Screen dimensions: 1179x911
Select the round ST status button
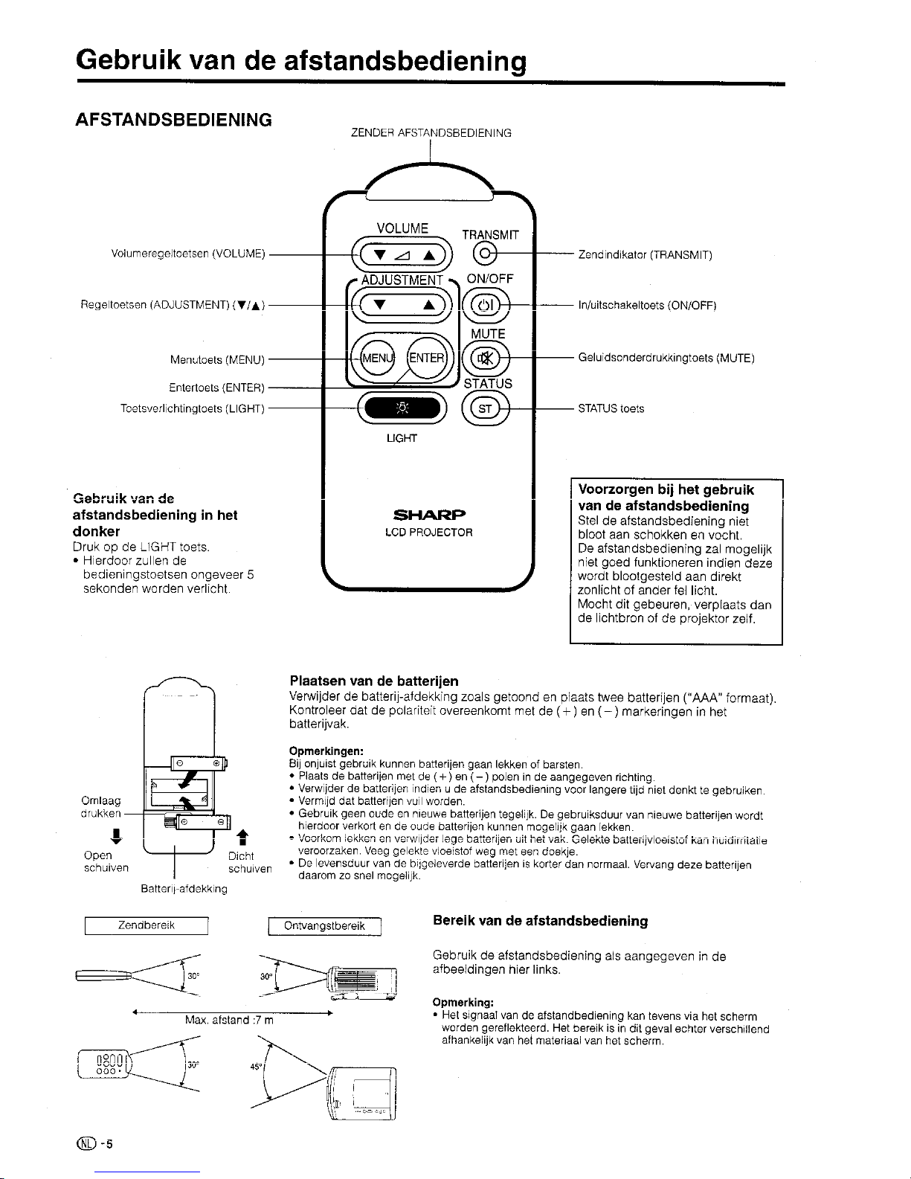click(486, 408)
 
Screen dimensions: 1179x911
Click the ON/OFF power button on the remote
click(486, 305)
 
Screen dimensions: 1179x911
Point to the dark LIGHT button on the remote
click(402, 408)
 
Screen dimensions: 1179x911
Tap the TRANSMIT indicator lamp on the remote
click(485, 254)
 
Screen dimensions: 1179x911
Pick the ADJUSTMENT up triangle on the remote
click(429, 304)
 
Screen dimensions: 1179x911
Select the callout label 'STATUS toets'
click(611, 408)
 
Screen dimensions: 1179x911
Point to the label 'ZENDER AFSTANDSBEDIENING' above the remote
click(431, 134)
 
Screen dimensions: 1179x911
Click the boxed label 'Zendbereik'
click(146, 925)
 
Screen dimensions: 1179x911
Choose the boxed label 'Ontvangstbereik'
click(324, 926)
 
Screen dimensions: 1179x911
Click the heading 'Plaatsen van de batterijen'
click(373, 681)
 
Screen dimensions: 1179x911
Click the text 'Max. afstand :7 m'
click(230, 1021)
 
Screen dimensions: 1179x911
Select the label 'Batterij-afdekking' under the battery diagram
click(184, 888)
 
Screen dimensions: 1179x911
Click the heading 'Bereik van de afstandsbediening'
click(540, 921)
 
